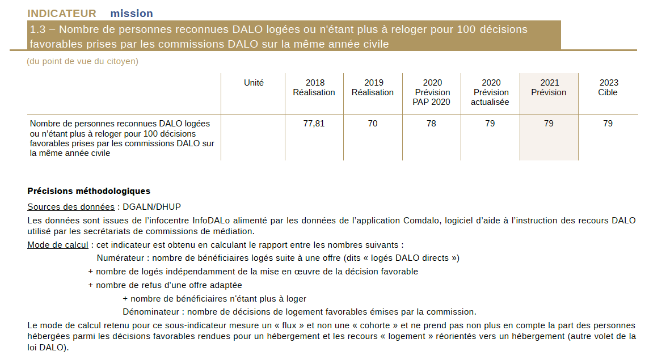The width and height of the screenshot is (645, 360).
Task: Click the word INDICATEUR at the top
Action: (x=62, y=14)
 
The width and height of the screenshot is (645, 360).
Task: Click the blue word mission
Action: (x=132, y=14)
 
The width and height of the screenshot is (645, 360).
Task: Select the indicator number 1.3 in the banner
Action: (x=38, y=29)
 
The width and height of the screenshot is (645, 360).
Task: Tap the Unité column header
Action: (x=254, y=83)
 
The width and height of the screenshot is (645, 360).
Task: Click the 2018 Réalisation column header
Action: (x=314, y=87)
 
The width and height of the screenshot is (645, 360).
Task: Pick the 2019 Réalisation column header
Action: (x=373, y=87)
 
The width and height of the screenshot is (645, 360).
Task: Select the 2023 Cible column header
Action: (x=608, y=87)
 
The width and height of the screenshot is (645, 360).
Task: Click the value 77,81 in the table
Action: (x=314, y=123)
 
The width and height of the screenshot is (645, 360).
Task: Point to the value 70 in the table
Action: (x=373, y=123)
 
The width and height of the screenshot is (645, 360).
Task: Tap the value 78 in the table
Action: (x=431, y=123)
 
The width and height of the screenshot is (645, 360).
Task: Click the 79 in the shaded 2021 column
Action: (x=549, y=123)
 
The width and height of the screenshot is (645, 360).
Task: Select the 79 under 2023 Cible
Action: (x=608, y=123)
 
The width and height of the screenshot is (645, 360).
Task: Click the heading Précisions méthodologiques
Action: (x=89, y=191)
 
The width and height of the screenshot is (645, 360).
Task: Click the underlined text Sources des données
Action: (x=71, y=207)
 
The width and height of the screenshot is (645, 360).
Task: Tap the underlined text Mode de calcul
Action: (x=58, y=245)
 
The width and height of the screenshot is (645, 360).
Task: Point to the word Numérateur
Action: (x=120, y=258)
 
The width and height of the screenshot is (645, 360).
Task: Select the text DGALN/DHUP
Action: (x=152, y=207)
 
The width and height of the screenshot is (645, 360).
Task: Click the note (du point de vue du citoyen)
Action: (x=83, y=61)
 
